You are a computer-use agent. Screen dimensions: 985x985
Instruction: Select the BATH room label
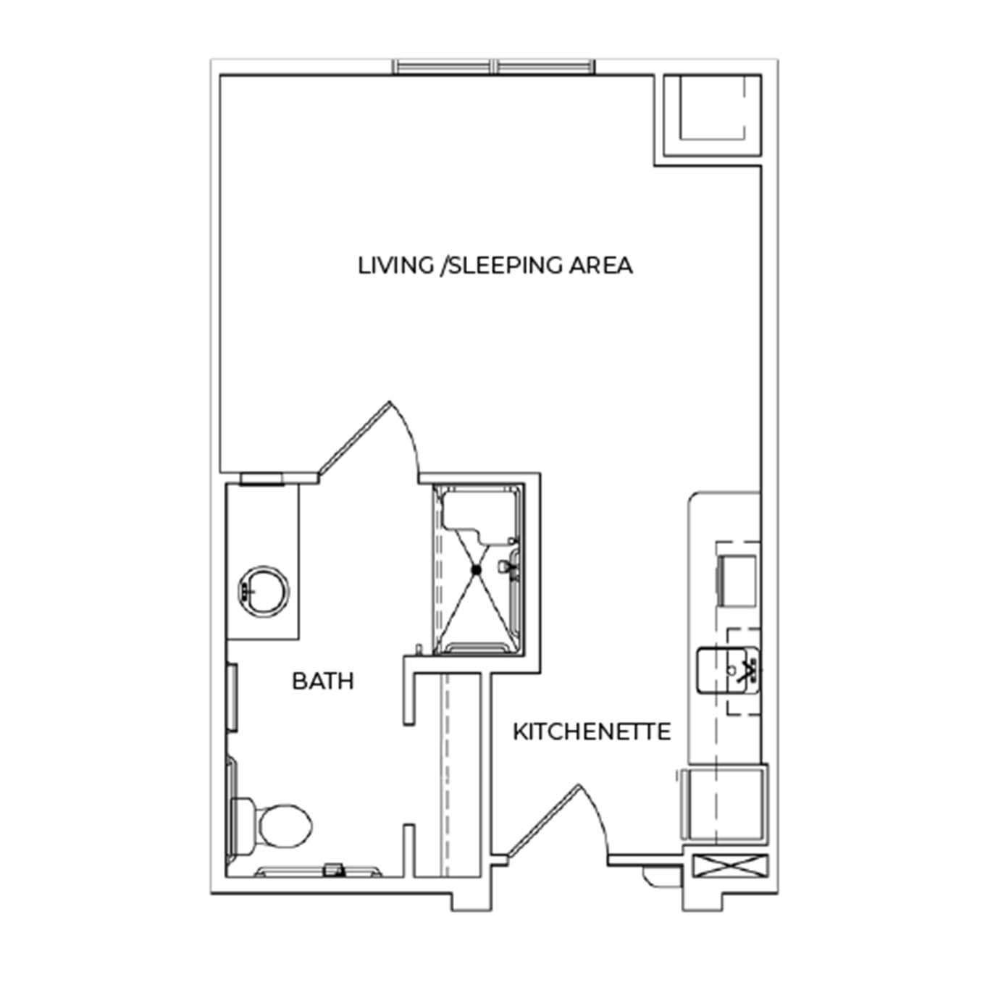[x=323, y=682]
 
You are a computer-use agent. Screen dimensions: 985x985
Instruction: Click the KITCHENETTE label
[x=592, y=732]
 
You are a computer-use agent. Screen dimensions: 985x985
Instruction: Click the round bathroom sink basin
[x=264, y=590]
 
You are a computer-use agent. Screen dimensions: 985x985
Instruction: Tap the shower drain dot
[x=476, y=569]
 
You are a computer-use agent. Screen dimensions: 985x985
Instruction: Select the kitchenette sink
[x=728, y=670]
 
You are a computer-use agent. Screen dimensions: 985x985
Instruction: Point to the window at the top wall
[x=494, y=67]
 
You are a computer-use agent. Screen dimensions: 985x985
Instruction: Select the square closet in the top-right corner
[x=713, y=116]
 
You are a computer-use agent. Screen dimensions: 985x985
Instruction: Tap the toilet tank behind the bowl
[x=242, y=826]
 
